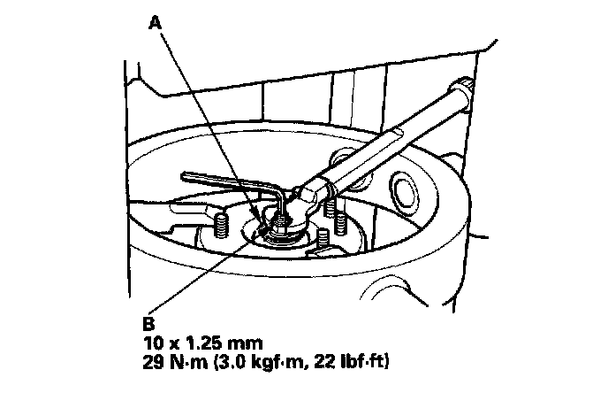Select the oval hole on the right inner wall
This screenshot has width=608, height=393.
tap(407, 188)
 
